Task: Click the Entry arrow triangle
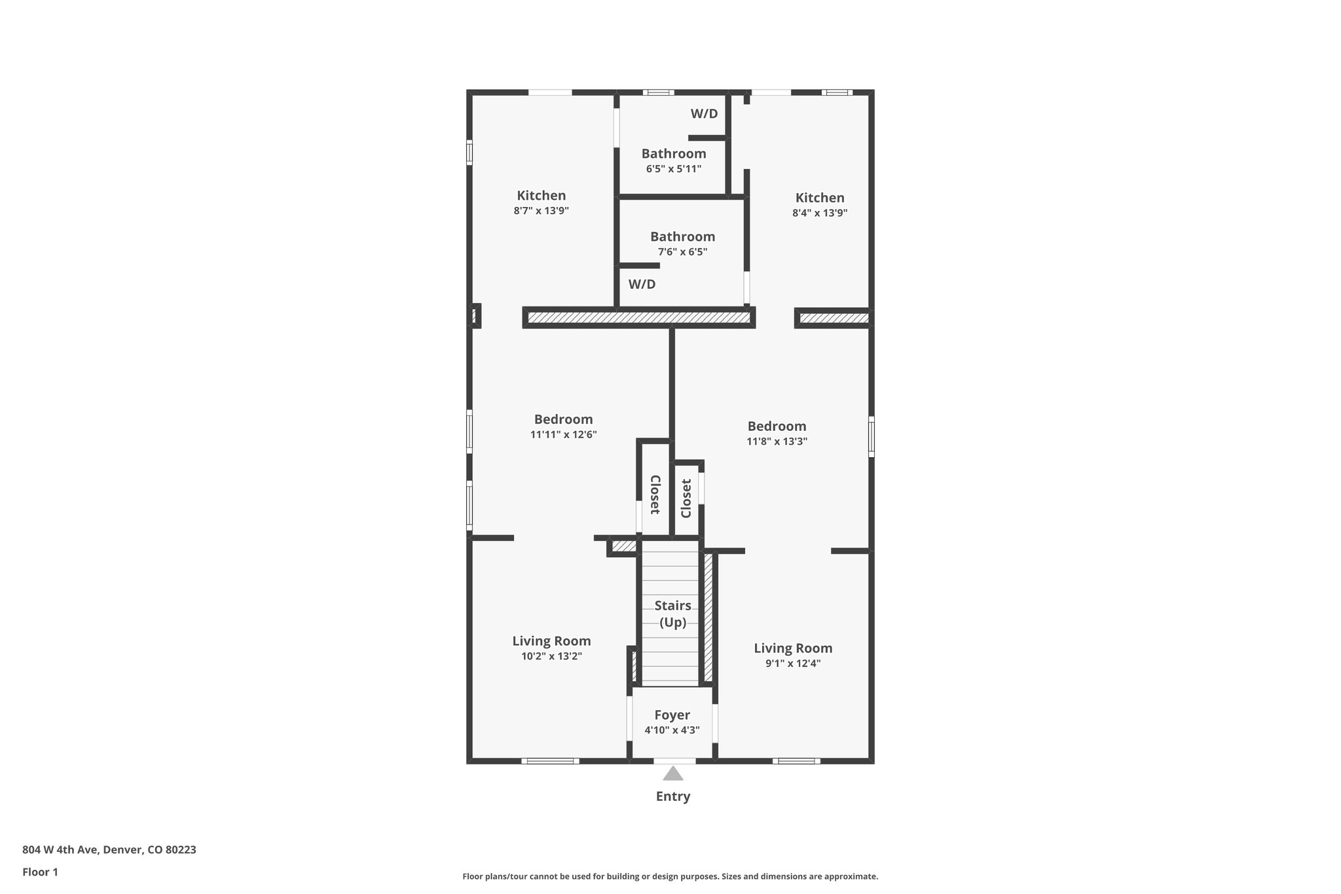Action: pyautogui.click(x=672, y=775)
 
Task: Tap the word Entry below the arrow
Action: pyautogui.click(x=672, y=796)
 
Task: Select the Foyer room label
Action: pyautogui.click(x=672, y=715)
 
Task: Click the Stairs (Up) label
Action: pyautogui.click(x=672, y=614)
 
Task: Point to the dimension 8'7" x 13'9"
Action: pyautogui.click(x=541, y=211)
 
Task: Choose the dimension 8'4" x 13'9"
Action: pyautogui.click(x=820, y=213)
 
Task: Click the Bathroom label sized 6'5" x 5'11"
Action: pyautogui.click(x=673, y=154)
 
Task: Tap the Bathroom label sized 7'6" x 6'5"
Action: pyautogui.click(x=682, y=237)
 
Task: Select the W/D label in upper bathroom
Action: pyautogui.click(x=704, y=114)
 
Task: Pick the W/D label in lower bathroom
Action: pyautogui.click(x=642, y=284)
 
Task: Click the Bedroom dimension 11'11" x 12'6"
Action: pyautogui.click(x=563, y=434)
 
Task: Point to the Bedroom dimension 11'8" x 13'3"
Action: pyautogui.click(x=777, y=441)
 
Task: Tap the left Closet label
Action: pyautogui.click(x=654, y=494)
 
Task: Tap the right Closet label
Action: pyautogui.click(x=686, y=498)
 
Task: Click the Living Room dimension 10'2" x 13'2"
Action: pyautogui.click(x=551, y=656)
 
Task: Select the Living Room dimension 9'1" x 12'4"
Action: pyautogui.click(x=793, y=663)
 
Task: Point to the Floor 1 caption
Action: pyautogui.click(x=40, y=872)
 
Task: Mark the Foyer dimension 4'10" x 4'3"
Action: pyautogui.click(x=672, y=730)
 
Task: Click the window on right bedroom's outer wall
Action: pyautogui.click(x=871, y=436)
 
